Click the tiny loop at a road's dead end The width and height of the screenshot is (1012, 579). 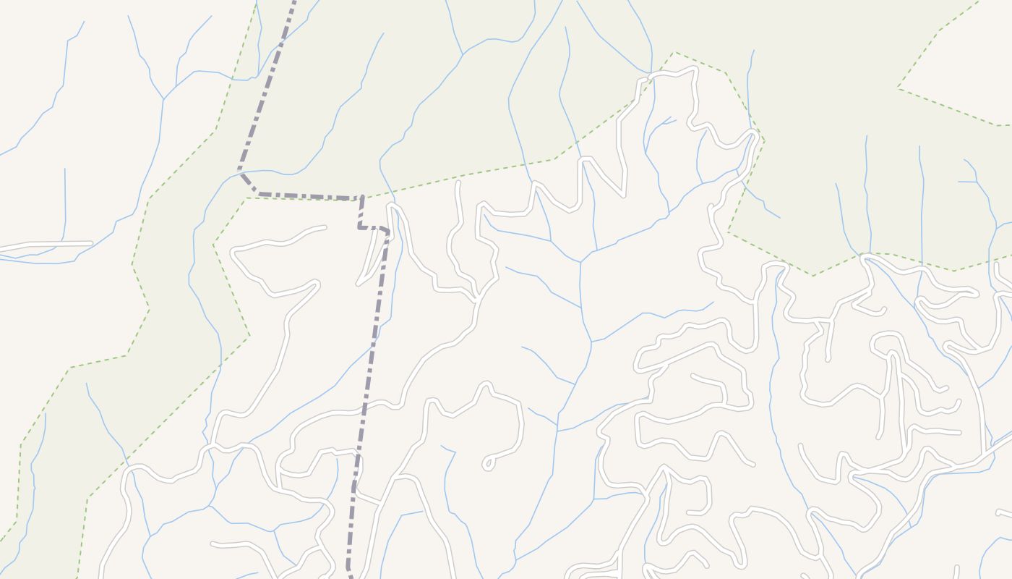pos(489,462)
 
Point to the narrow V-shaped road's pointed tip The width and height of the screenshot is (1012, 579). pos(359,283)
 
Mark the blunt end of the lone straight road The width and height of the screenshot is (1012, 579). pos(90,244)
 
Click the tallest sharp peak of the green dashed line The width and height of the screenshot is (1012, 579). pos(674,52)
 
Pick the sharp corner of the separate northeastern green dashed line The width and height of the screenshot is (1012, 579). pos(899,88)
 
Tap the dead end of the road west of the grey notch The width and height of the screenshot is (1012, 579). pos(324,228)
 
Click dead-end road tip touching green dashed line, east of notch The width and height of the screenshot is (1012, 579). pos(458,184)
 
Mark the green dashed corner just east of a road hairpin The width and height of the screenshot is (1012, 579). pos(763,139)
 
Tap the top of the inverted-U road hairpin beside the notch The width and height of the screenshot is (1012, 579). pos(393,206)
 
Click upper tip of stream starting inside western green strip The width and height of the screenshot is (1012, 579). pos(87,384)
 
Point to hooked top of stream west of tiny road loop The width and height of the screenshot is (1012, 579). pos(442,447)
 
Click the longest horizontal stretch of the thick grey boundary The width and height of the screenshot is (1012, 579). pos(311,196)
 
